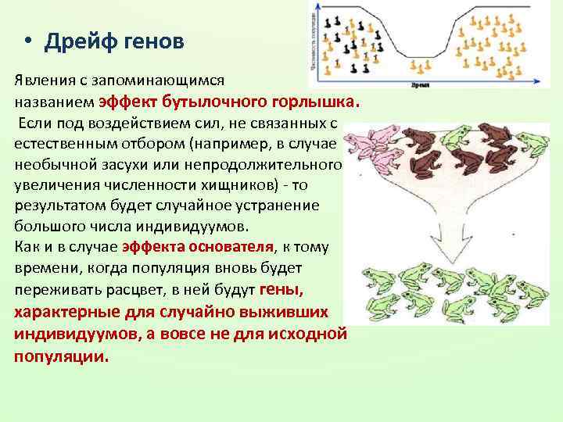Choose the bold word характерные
pos(66,311)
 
